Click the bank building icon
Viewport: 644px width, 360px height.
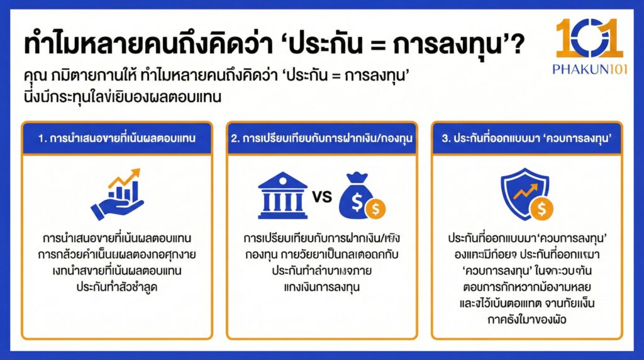pos(282,196)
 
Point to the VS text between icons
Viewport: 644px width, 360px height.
pos(321,197)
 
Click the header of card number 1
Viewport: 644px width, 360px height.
pos(116,138)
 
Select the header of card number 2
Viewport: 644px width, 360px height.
pos(321,138)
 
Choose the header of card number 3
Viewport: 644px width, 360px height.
pos(526,138)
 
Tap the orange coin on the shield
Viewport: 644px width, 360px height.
pos(540,208)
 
